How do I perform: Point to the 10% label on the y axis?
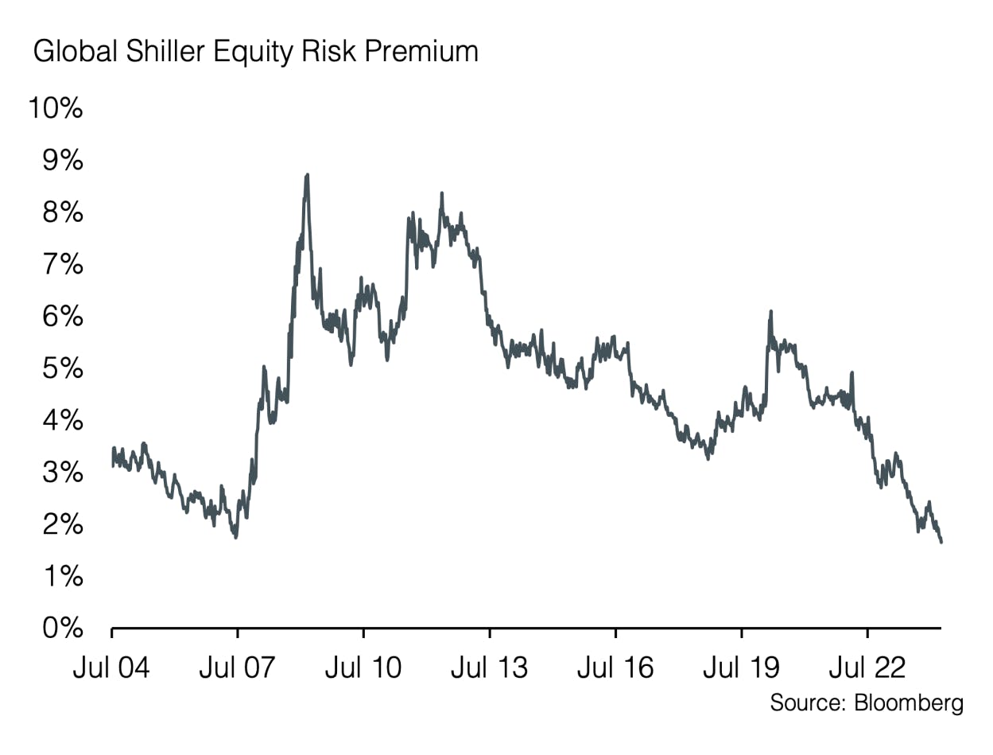pyautogui.click(x=55, y=109)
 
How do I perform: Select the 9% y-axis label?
pyautogui.click(x=61, y=161)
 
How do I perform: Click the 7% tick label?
pyautogui.click(x=61, y=264)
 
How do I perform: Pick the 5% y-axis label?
pyautogui.click(x=61, y=368)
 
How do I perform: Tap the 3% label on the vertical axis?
pyautogui.click(x=61, y=473)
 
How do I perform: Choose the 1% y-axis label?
pyautogui.click(x=61, y=576)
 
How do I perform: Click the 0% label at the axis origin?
pyautogui.click(x=61, y=629)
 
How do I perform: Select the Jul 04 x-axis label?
pyautogui.click(x=111, y=667)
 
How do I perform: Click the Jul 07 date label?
pyautogui.click(x=237, y=667)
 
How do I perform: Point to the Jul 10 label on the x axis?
pyautogui.click(x=363, y=667)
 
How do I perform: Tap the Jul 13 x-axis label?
pyautogui.click(x=489, y=667)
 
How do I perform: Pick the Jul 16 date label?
pyautogui.click(x=615, y=667)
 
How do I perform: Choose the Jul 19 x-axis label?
pyautogui.click(x=741, y=667)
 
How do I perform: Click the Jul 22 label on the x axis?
pyautogui.click(x=867, y=667)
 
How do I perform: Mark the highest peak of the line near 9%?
pyautogui.click(x=307, y=174)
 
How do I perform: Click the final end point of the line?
pyautogui.click(x=941, y=542)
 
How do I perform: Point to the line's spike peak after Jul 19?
pyautogui.click(x=770, y=311)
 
